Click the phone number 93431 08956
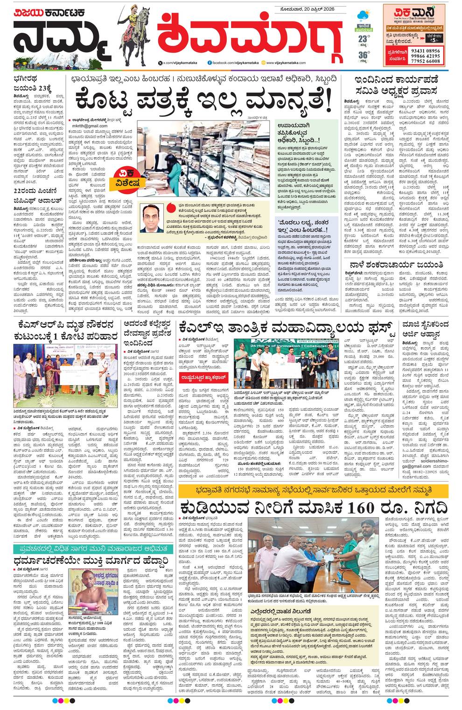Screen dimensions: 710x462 point(426,50)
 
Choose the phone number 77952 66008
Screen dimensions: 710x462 point(426,61)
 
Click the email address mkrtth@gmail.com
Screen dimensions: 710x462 point(90,126)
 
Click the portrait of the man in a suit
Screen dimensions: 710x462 point(154,218)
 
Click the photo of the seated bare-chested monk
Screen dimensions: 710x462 point(87,589)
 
